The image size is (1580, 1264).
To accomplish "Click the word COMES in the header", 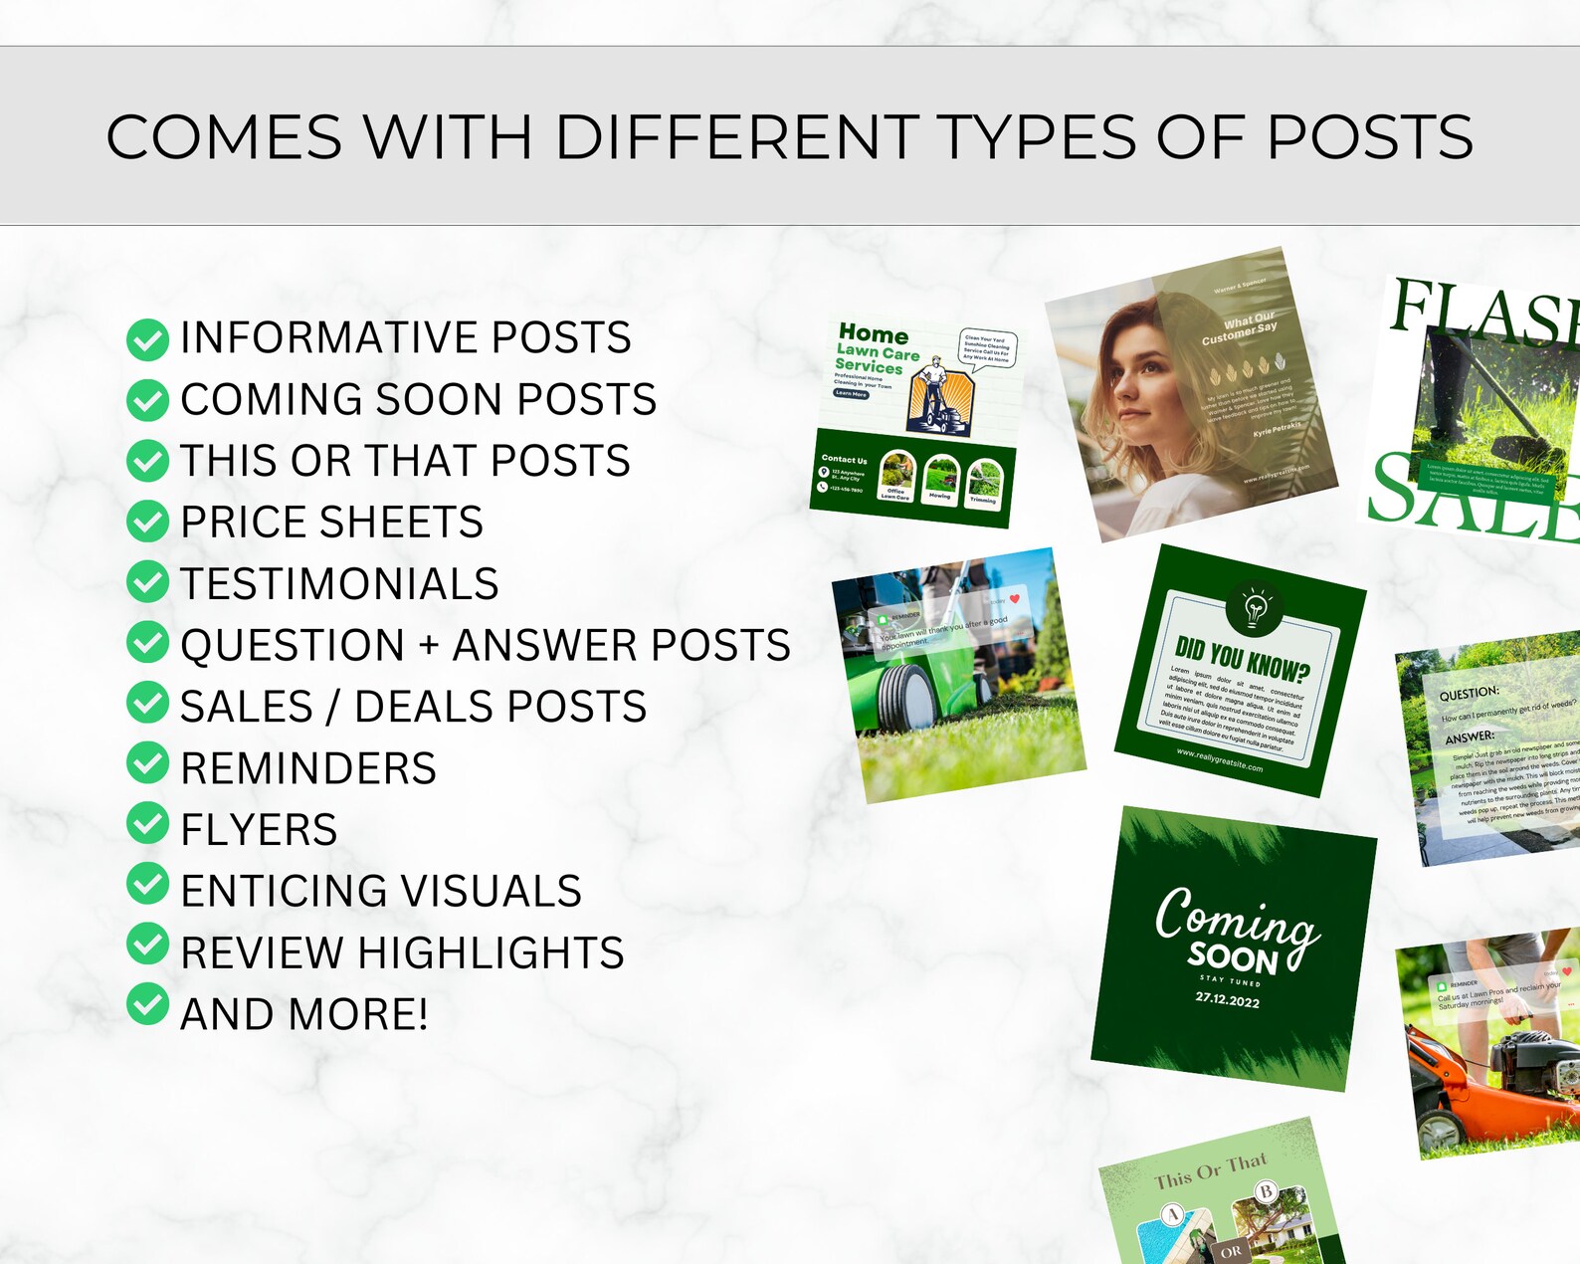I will click(x=224, y=137).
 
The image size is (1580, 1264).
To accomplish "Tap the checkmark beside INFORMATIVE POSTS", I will click(x=147, y=339).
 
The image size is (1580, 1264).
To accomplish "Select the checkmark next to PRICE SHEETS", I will click(x=147, y=522).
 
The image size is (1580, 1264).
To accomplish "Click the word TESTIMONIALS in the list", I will click(x=339, y=584).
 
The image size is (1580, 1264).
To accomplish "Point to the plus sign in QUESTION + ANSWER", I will click(x=429, y=646).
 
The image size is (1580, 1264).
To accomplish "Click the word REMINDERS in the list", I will click(x=308, y=768).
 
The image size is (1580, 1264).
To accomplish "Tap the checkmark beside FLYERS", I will click(x=147, y=823).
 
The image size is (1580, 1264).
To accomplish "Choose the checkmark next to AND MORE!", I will click(x=147, y=1004).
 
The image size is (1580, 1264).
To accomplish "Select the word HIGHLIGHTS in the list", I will click(x=492, y=952).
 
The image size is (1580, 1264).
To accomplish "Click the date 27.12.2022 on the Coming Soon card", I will click(x=1227, y=998).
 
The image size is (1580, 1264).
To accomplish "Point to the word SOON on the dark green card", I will click(x=1232, y=957).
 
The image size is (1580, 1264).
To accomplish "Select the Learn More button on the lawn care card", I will click(x=851, y=394).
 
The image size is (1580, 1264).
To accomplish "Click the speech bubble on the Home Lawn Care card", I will click(x=986, y=349).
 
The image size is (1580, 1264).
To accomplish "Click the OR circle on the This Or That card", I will click(x=1231, y=1251).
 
